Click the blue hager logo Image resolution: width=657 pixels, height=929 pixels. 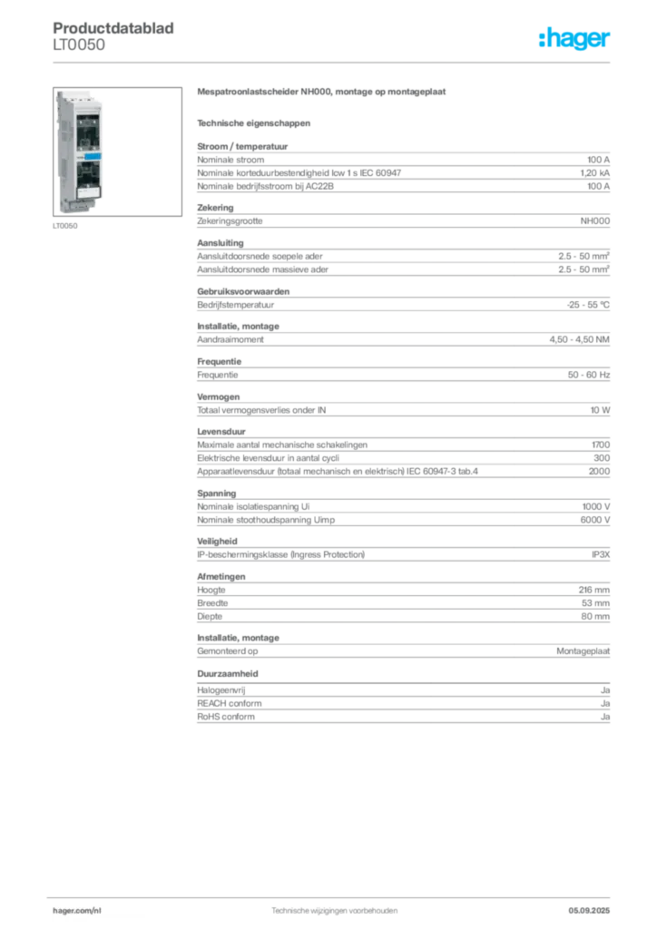click(x=576, y=39)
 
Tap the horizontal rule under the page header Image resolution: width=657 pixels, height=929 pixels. click(x=334, y=62)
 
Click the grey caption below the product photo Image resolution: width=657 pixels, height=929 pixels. click(x=64, y=228)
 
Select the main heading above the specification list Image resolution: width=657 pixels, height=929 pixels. click(x=323, y=93)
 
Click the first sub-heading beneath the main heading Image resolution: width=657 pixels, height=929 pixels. click(x=254, y=122)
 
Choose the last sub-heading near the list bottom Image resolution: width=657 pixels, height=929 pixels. click(x=229, y=674)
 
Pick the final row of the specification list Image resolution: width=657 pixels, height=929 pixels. click(x=403, y=717)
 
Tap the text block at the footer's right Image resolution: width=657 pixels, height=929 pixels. click(x=595, y=906)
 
